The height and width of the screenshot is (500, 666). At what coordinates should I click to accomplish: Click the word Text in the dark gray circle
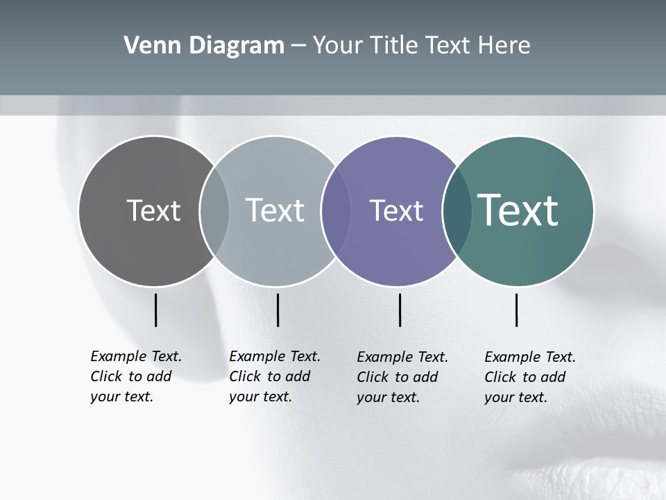(x=153, y=210)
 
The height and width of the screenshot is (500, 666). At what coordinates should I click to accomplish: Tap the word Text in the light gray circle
(x=275, y=210)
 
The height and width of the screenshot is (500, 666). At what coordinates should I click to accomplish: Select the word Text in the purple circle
(x=396, y=210)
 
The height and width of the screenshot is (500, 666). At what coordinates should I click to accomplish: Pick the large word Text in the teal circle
(x=518, y=210)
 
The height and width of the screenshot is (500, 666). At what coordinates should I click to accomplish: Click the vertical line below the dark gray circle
(x=155, y=310)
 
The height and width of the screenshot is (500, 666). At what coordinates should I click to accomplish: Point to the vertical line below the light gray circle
(x=277, y=310)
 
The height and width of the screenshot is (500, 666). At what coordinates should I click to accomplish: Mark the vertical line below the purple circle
(x=400, y=310)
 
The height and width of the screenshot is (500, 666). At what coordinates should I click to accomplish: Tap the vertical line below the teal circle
(x=516, y=310)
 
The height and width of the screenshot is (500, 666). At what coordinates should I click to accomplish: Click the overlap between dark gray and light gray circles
(x=214, y=211)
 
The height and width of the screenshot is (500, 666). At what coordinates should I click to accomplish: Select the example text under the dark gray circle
(x=136, y=376)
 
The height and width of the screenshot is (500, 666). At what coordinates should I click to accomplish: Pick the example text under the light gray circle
(x=275, y=376)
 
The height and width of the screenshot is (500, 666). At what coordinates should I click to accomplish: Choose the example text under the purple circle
(x=402, y=377)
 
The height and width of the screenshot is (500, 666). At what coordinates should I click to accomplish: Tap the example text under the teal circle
(x=530, y=377)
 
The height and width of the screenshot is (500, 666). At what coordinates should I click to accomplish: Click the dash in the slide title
(x=298, y=46)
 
